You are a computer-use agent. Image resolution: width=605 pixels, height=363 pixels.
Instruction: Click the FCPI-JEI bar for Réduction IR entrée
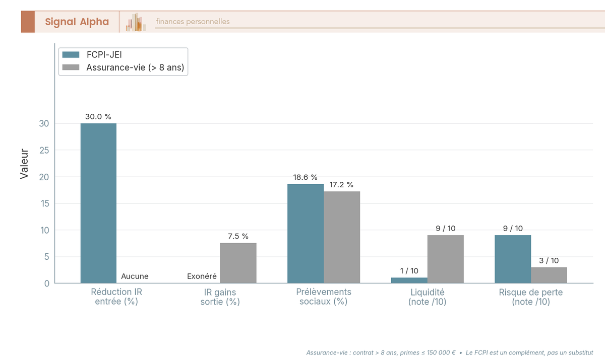tap(99, 203)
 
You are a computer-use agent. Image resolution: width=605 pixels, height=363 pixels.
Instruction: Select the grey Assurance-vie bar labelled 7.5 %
tap(238, 263)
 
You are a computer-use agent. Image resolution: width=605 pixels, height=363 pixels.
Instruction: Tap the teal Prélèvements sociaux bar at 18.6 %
tap(306, 234)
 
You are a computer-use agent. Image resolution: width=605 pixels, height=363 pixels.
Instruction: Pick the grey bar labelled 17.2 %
tap(342, 237)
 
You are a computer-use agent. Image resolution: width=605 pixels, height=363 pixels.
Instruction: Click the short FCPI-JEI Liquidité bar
tap(409, 280)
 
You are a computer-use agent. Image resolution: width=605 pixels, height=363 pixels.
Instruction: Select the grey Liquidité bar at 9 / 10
tap(445, 259)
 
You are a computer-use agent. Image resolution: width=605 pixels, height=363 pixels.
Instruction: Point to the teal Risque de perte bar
tap(513, 259)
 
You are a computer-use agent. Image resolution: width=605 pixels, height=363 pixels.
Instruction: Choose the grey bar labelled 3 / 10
tap(549, 275)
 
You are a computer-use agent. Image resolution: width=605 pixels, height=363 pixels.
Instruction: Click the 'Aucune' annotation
tap(135, 276)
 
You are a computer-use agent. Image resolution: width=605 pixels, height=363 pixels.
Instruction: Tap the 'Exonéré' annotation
tap(202, 276)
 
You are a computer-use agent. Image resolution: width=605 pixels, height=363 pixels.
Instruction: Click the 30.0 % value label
tap(98, 116)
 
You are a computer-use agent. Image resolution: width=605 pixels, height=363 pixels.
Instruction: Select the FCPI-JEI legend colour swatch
tap(71, 55)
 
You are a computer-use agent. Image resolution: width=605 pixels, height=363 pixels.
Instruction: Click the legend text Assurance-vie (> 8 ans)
tap(135, 67)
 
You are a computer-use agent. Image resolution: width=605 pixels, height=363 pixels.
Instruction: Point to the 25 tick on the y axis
tap(44, 150)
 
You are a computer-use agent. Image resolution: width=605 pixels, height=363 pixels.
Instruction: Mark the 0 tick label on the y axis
tap(47, 283)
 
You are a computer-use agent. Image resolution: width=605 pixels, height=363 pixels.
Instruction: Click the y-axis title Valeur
tap(24, 164)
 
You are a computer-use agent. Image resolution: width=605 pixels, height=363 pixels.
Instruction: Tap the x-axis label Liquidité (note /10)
tap(428, 297)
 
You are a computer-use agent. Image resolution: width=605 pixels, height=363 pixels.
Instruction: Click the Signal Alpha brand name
tap(77, 22)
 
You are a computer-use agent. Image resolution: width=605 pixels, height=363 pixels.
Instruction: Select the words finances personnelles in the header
tap(193, 21)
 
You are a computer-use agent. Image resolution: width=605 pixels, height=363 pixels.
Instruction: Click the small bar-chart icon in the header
tap(136, 22)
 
